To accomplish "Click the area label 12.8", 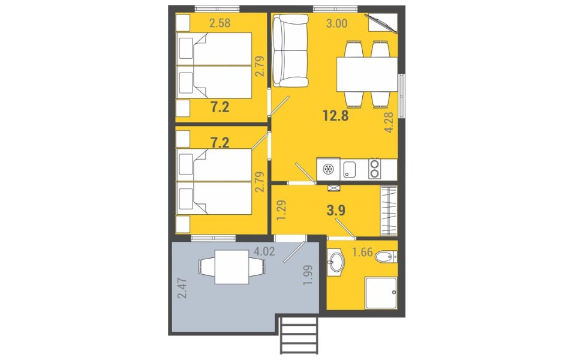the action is [x=336, y=116].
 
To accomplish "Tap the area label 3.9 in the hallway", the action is [x=336, y=211].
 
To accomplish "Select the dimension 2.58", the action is [x=220, y=23].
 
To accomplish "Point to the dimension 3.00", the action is [x=336, y=23].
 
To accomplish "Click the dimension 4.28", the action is [x=389, y=122].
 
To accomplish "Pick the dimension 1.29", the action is [x=281, y=210].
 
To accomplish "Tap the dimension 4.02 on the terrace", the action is [x=264, y=251].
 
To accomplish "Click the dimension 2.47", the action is [x=182, y=288].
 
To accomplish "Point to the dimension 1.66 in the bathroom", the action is [x=362, y=252].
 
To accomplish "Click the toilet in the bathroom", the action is [x=386, y=257].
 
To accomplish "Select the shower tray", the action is [x=381, y=293].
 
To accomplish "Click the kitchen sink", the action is [x=350, y=170].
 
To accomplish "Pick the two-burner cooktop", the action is [x=374, y=169].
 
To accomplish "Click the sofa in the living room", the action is [x=290, y=50].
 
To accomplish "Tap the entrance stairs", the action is [x=299, y=334].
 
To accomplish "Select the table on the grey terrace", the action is [x=232, y=267].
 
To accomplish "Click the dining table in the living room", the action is [x=367, y=74].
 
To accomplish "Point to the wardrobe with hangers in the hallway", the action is [x=389, y=211].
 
